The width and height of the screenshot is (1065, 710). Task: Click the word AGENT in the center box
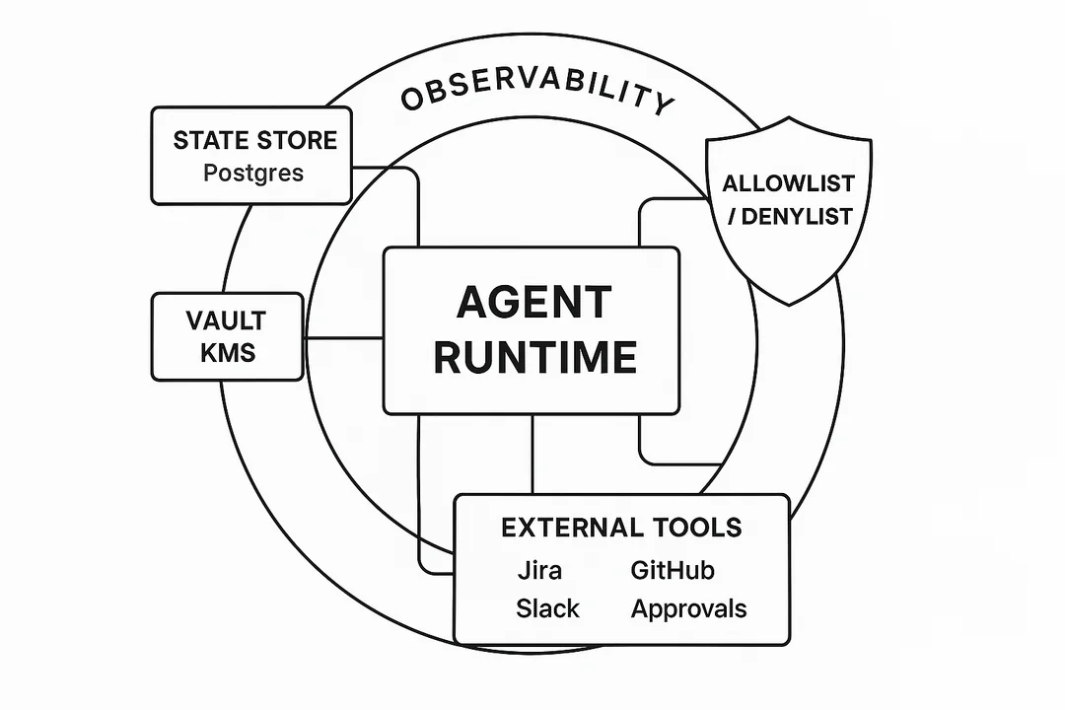tap(533, 303)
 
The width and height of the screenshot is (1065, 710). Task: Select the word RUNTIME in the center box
tap(534, 356)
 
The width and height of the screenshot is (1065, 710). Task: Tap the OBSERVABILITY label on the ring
tap(537, 96)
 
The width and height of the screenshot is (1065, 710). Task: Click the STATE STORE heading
tap(254, 140)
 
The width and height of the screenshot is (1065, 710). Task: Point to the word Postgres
tap(253, 173)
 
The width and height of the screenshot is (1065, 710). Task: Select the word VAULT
tap(226, 320)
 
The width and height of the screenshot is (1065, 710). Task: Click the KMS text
tap(227, 352)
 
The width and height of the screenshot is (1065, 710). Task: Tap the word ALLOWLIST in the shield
tap(788, 183)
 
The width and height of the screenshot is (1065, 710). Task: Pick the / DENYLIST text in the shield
tap(789, 216)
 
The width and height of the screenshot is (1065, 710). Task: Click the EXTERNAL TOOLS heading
tap(621, 528)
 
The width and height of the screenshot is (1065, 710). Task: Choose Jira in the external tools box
tap(539, 570)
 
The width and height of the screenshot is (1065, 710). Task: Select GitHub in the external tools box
tap(672, 570)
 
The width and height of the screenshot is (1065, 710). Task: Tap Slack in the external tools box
tap(547, 608)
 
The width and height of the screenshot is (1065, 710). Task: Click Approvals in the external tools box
tap(688, 608)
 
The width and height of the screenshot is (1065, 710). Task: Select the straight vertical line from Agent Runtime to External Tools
tap(532, 454)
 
